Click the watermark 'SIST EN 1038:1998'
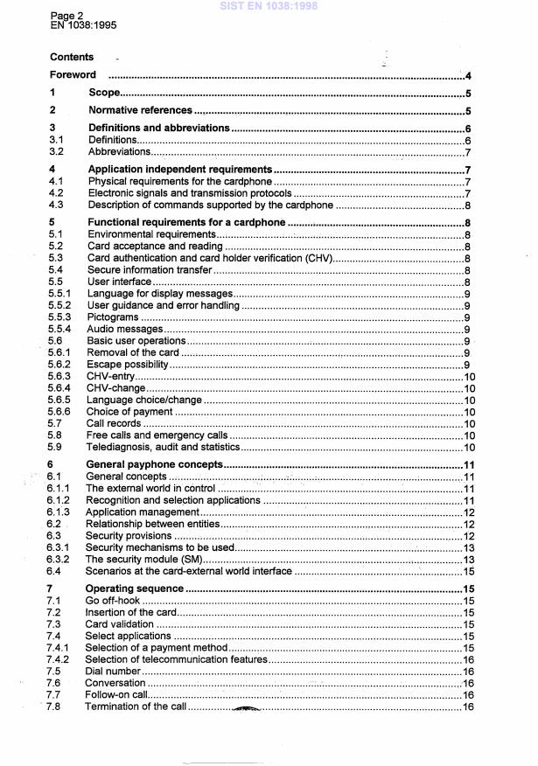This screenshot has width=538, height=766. coord(269,5)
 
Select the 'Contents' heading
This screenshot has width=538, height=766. coord(72,58)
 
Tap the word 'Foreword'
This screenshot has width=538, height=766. coord(73,76)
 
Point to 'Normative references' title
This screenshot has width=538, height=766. coord(140,111)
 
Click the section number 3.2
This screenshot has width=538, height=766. coord(57,152)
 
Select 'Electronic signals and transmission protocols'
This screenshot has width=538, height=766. coord(189,193)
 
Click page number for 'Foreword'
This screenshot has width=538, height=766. coord(469,76)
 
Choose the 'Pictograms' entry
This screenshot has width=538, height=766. coord(113,317)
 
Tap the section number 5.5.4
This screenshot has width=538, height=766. coord(61,329)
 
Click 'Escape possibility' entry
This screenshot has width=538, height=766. coord(127,365)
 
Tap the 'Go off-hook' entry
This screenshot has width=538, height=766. coord(114,602)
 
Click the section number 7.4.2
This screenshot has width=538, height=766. coord(61,660)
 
